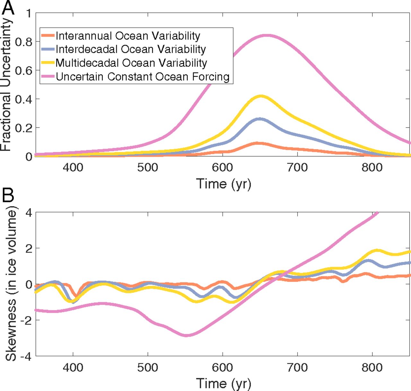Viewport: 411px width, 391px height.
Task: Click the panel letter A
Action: pos(8,8)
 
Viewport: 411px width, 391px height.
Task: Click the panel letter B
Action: pos(8,195)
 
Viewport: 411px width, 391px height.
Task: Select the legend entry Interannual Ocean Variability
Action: pos(128,36)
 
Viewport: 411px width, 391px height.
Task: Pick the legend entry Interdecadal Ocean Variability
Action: pos(130,49)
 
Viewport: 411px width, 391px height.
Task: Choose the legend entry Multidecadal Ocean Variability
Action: pos(131,63)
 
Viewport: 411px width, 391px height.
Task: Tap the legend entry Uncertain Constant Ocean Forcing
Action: pos(143,77)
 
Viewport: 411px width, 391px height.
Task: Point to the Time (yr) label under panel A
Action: pos(223,184)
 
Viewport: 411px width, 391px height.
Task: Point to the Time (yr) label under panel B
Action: pos(223,383)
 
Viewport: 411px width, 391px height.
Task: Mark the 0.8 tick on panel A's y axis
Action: pos(23,42)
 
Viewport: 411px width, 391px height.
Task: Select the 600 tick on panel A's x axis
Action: pos(223,167)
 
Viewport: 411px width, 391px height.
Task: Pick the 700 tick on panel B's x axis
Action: pos(297,367)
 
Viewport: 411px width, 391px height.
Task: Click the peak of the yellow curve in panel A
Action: pos(261,96)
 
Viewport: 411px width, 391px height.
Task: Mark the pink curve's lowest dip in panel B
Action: pos(186,335)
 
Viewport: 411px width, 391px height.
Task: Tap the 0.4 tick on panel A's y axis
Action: pos(23,99)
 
